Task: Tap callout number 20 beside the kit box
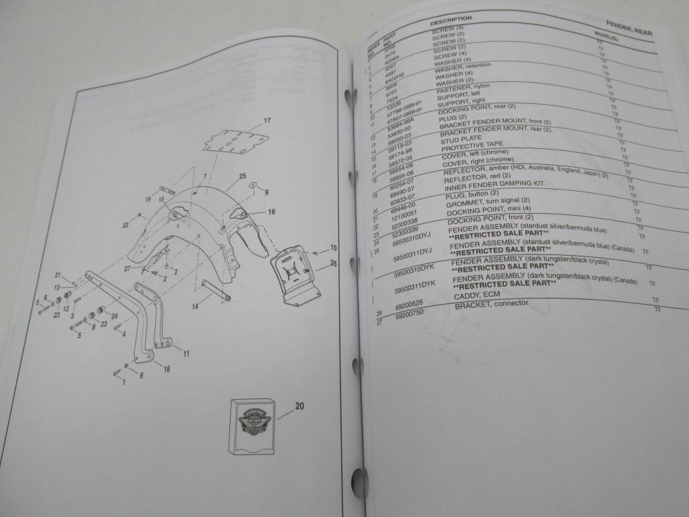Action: pyautogui.click(x=298, y=406)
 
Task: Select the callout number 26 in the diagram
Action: pyautogui.click(x=334, y=262)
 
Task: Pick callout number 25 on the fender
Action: pyautogui.click(x=243, y=176)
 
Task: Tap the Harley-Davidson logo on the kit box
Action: pyautogui.click(x=251, y=421)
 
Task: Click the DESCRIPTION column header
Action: pyautogui.click(x=451, y=18)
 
